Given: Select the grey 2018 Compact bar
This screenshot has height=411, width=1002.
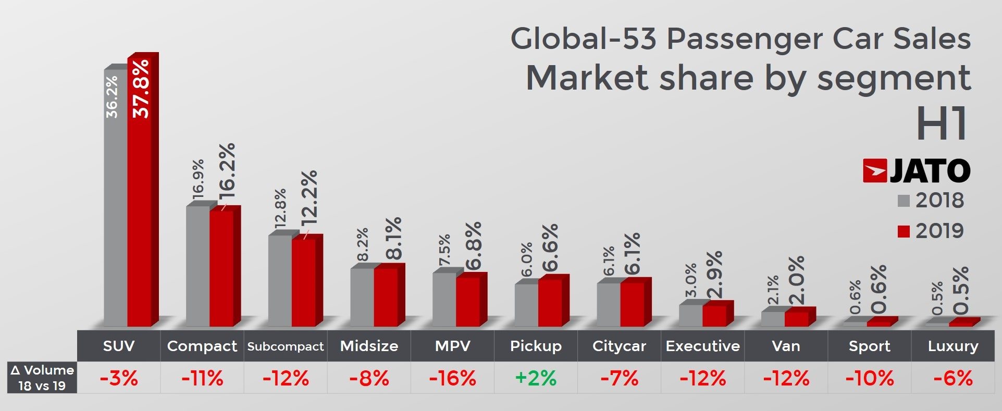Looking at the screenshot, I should [x=198, y=266].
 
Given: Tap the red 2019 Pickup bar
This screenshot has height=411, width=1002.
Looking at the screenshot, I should [x=550, y=303].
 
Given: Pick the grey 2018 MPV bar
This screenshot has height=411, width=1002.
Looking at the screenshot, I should [x=444, y=300].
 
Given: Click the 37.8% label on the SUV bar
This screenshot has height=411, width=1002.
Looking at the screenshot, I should [x=141, y=89].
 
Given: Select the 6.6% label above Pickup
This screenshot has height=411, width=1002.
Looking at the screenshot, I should [x=550, y=248].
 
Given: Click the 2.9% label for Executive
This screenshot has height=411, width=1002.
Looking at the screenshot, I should [x=714, y=275].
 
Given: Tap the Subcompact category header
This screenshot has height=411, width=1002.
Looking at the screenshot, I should [x=286, y=346].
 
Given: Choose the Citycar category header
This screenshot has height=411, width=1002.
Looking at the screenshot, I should [x=619, y=346].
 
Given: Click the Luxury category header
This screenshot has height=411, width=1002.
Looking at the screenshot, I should [x=953, y=346].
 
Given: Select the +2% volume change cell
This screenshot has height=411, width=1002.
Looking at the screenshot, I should [x=536, y=378].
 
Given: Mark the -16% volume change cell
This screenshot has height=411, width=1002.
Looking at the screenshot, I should [x=452, y=378].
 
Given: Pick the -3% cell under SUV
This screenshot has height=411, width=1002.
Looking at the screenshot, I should [x=119, y=378].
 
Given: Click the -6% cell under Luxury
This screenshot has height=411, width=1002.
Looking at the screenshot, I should [x=953, y=378].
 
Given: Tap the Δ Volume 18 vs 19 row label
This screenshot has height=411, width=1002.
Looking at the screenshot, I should [x=42, y=378].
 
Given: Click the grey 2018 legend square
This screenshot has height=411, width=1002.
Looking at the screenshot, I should [x=904, y=201].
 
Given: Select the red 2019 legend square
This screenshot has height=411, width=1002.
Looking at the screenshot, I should [x=904, y=231].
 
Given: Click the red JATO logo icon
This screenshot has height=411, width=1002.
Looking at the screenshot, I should [x=874, y=171].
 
